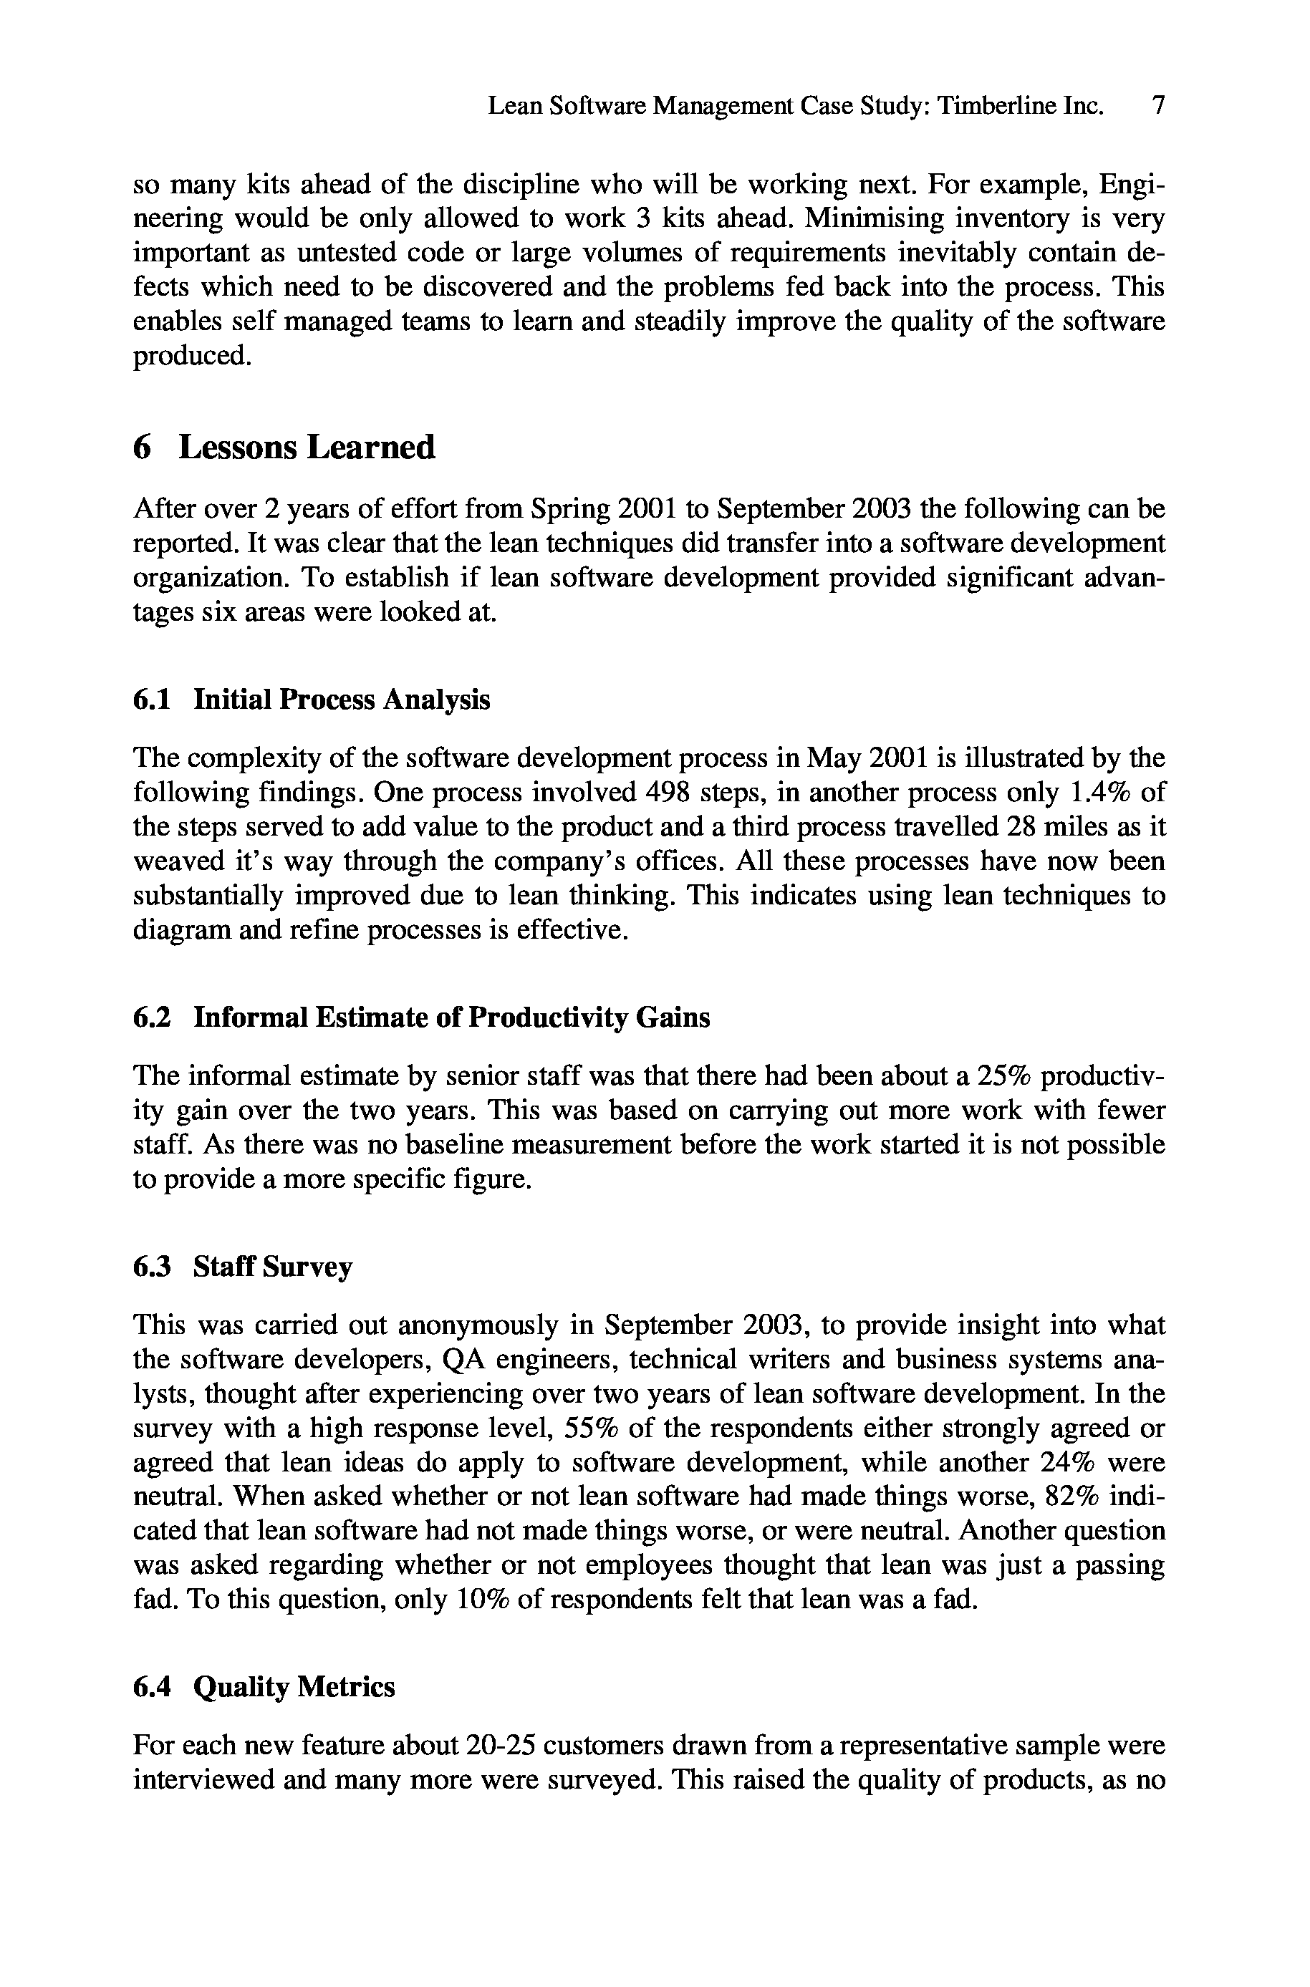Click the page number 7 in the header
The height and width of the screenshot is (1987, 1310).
pos(1158,106)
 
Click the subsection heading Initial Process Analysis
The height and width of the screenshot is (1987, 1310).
pos(342,699)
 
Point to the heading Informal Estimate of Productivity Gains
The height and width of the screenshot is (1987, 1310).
pos(452,1017)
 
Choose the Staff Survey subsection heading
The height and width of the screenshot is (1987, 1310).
pos(272,1267)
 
